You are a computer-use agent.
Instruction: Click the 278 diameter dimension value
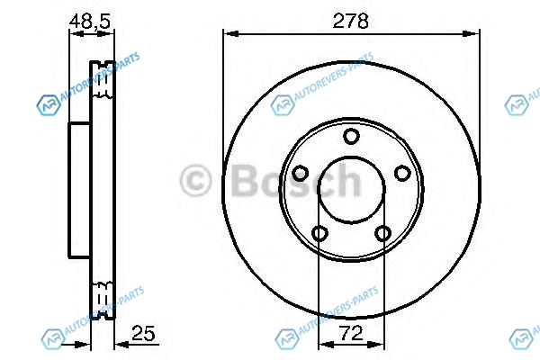click(x=350, y=21)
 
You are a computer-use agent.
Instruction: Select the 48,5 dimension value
click(x=90, y=22)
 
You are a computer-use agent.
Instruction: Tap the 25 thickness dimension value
click(x=143, y=333)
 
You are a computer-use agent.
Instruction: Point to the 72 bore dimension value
click(x=351, y=333)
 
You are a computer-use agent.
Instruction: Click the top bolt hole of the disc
click(x=351, y=136)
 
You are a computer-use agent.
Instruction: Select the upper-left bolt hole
click(x=300, y=173)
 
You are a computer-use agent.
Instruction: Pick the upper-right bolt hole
click(x=402, y=173)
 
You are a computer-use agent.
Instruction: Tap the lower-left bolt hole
click(x=319, y=234)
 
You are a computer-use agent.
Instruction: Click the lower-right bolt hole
click(x=382, y=234)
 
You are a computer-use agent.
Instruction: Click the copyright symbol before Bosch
click(x=195, y=181)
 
